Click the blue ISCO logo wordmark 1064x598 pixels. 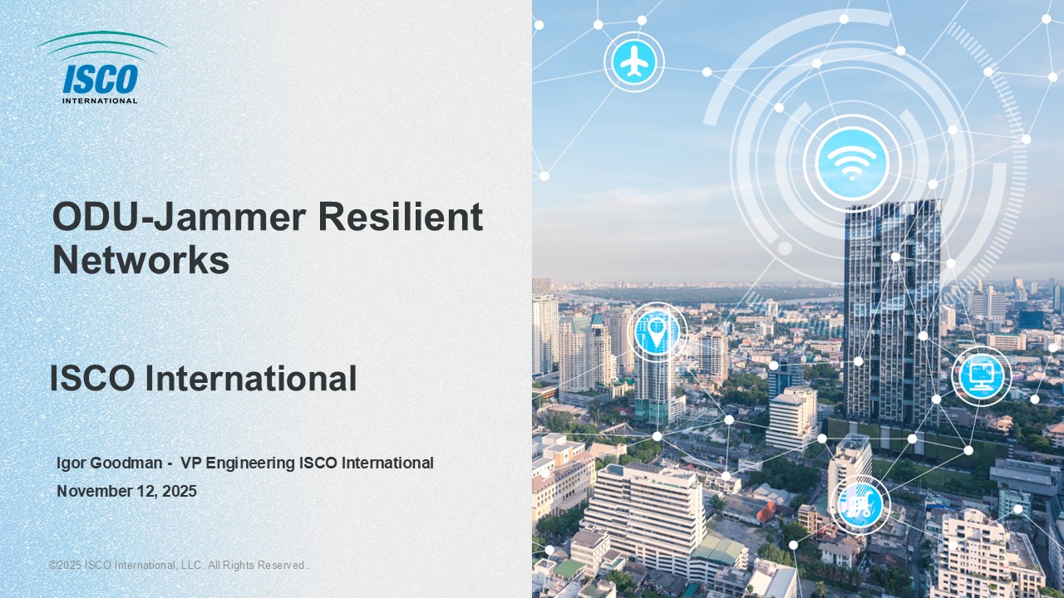(101, 79)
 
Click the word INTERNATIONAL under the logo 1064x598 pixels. (100, 100)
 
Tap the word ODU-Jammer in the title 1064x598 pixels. (179, 217)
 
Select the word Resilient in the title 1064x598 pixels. (401, 217)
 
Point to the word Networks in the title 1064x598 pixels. (141, 260)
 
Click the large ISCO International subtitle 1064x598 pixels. (204, 378)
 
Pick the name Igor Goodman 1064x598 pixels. (109, 463)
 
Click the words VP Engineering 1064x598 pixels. (238, 463)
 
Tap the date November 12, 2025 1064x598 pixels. (127, 491)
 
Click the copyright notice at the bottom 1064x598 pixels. (180, 566)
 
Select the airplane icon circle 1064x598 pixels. (634, 61)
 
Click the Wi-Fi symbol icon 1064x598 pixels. (852, 163)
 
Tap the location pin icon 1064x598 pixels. (657, 332)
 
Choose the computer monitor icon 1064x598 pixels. (982, 376)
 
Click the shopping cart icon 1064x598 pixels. (860, 505)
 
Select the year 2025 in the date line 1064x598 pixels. (180, 491)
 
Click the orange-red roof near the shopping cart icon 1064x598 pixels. (766, 512)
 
